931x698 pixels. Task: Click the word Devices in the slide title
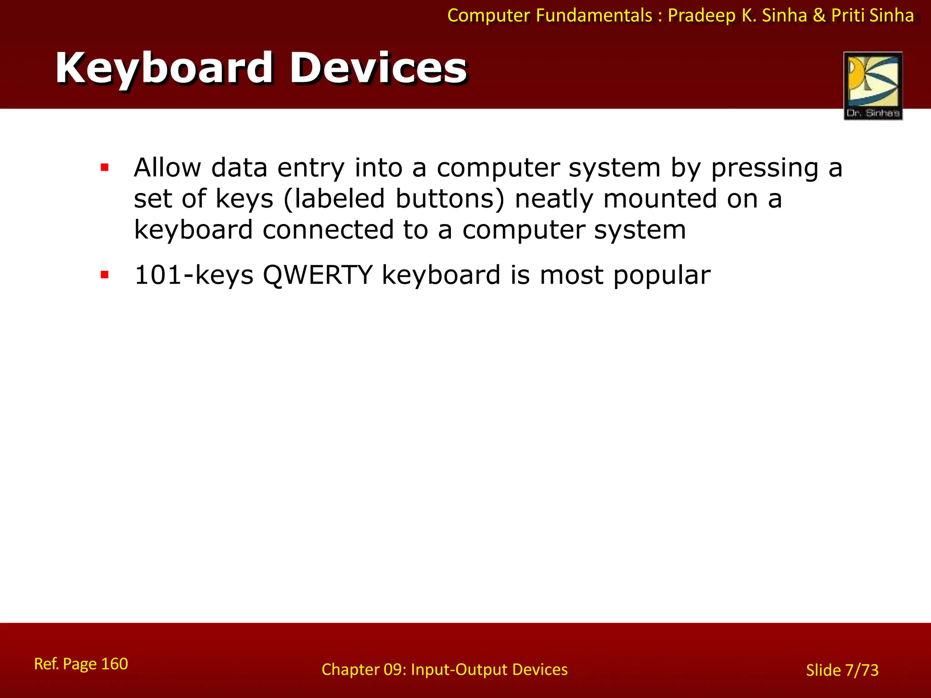click(378, 68)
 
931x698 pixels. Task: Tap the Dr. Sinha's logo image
click(873, 85)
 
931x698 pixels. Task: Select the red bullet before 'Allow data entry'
click(105, 168)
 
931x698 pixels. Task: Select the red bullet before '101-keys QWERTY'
click(105, 275)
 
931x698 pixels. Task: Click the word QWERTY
click(317, 275)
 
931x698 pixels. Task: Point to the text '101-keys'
click(194, 275)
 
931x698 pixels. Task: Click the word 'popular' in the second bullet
click(661, 275)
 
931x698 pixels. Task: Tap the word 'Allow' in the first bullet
click(167, 167)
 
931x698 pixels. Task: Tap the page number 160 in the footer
click(114, 664)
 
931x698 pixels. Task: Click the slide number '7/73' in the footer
click(861, 670)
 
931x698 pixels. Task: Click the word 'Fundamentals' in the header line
click(594, 15)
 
